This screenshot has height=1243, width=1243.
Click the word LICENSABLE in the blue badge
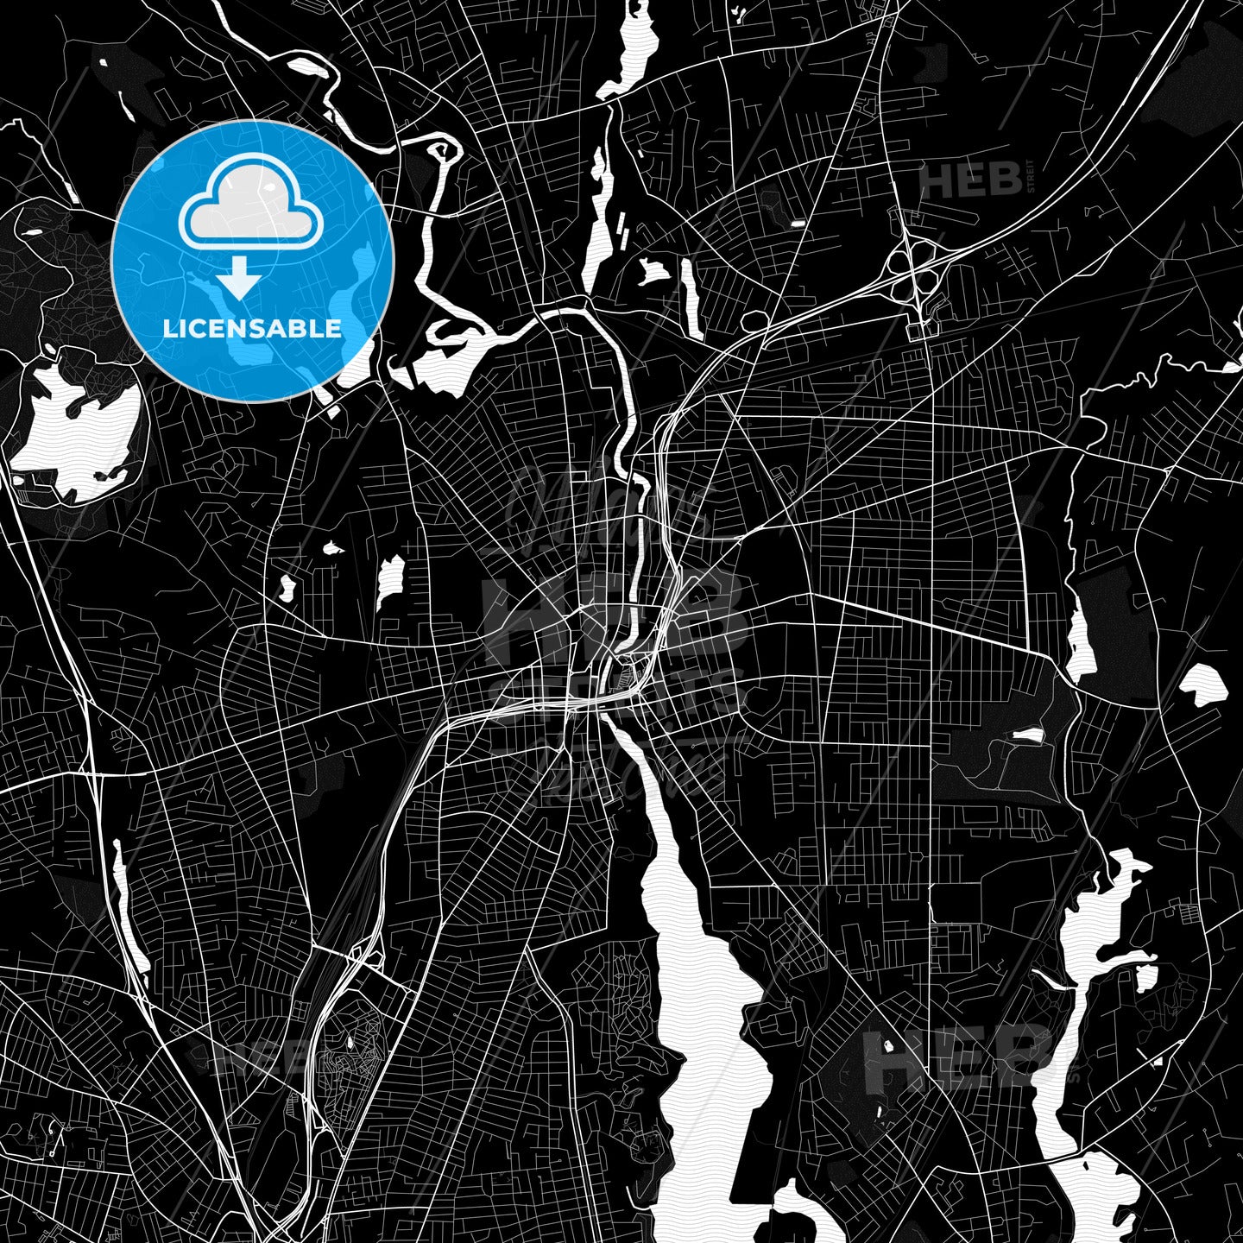(x=252, y=328)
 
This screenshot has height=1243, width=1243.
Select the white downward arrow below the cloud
(x=239, y=280)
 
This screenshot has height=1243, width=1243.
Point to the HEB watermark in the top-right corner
(x=971, y=180)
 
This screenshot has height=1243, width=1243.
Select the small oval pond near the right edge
(x=1204, y=684)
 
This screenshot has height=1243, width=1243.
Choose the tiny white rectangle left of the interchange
(x=797, y=224)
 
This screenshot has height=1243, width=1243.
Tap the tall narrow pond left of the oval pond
(x=1080, y=643)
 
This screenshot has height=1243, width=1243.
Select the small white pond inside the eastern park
(x=1026, y=735)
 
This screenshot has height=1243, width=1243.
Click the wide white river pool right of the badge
(x=445, y=363)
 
